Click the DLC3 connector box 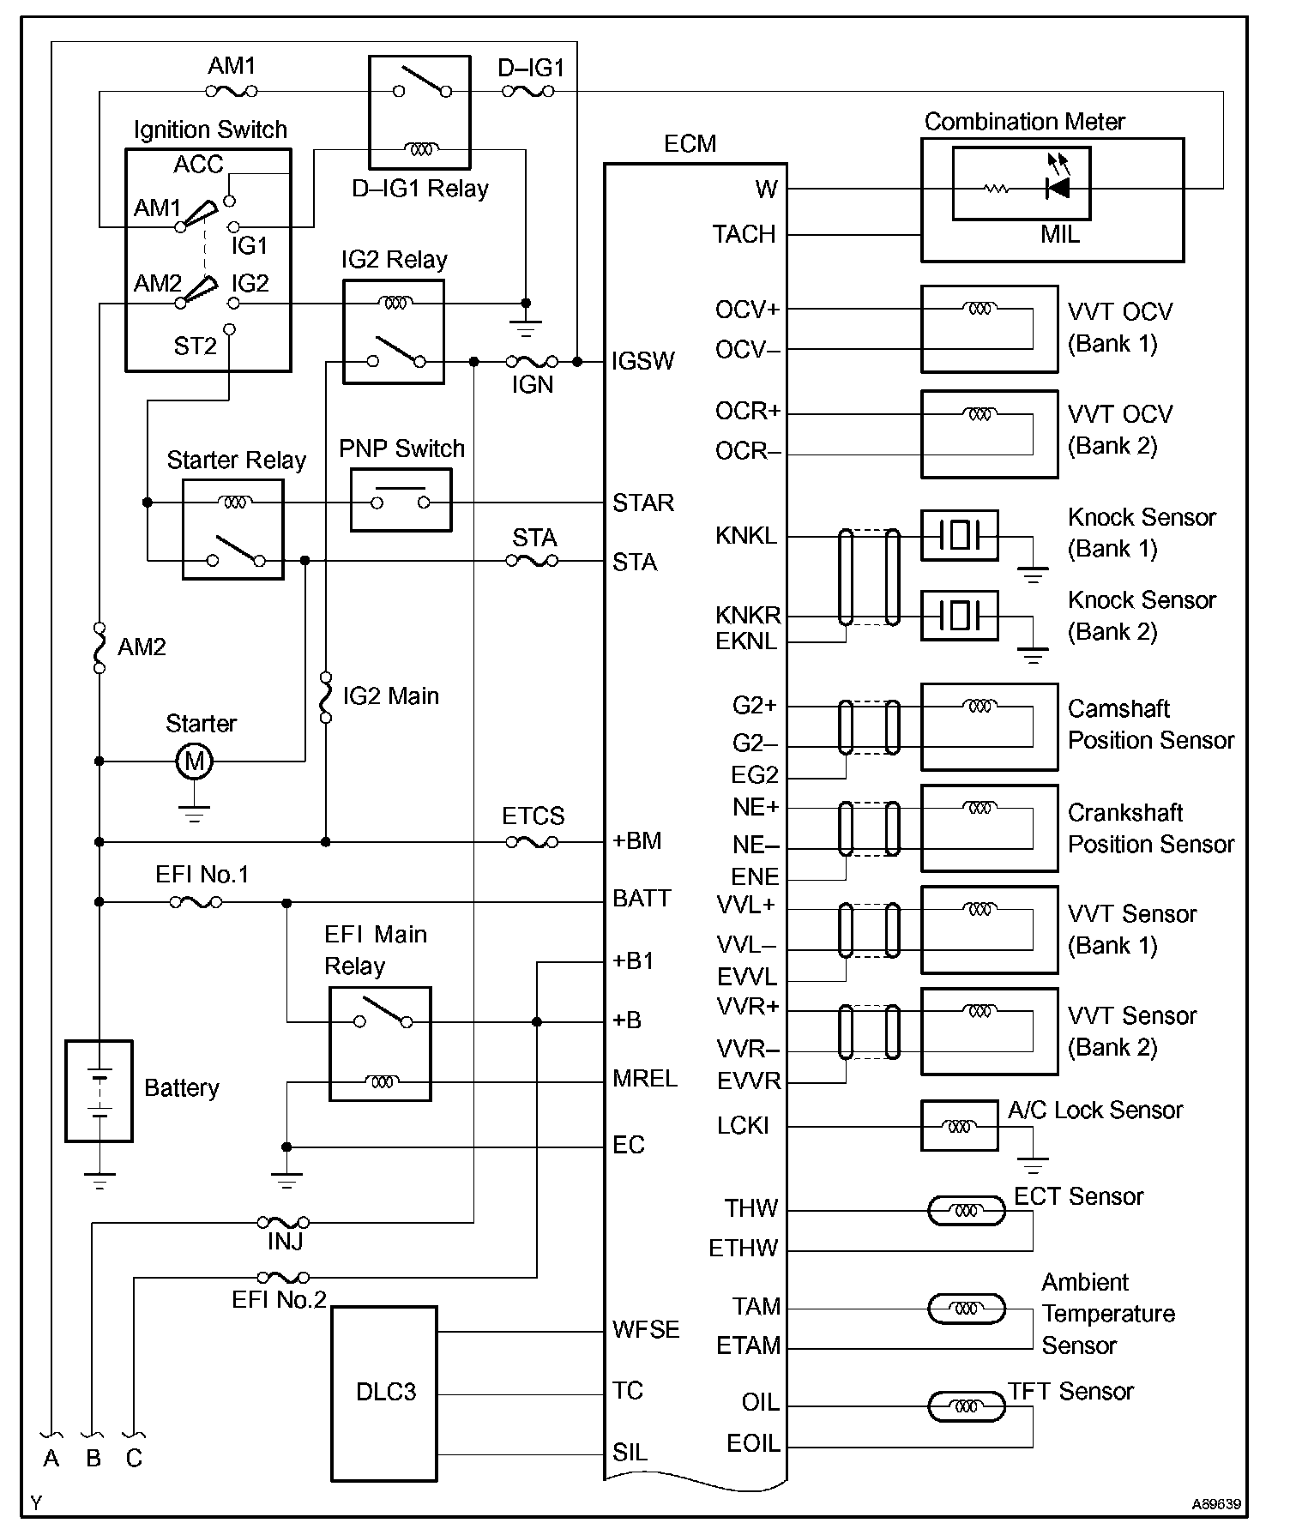[x=384, y=1393]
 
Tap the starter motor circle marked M [x=195, y=761]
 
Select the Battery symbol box [x=99, y=1091]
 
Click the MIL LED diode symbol [x=1058, y=188]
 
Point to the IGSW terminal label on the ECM [x=643, y=361]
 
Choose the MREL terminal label [x=645, y=1079]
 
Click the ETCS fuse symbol [x=532, y=842]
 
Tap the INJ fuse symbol [x=283, y=1222]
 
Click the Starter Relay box [x=233, y=529]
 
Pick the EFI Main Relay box [x=380, y=1044]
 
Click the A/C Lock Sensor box [x=959, y=1126]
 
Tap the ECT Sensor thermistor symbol [x=967, y=1211]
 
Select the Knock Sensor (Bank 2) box [x=959, y=615]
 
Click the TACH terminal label [x=744, y=234]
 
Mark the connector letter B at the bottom [x=93, y=1458]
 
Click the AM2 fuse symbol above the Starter [x=99, y=647]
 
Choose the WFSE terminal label [x=646, y=1330]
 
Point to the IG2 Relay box [x=394, y=332]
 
